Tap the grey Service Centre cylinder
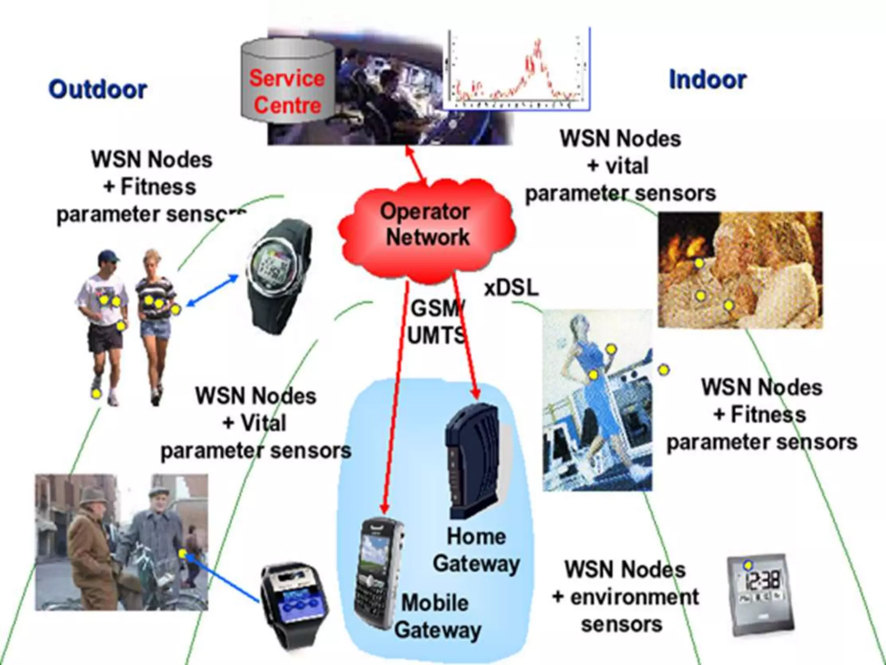tap(287, 82)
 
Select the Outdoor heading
tap(98, 90)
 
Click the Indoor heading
tap(708, 80)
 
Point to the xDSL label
tap(511, 287)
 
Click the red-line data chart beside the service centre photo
tap(517, 69)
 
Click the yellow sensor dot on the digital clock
tap(748, 565)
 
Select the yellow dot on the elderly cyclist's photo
tap(182, 553)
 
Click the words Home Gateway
tap(476, 550)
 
